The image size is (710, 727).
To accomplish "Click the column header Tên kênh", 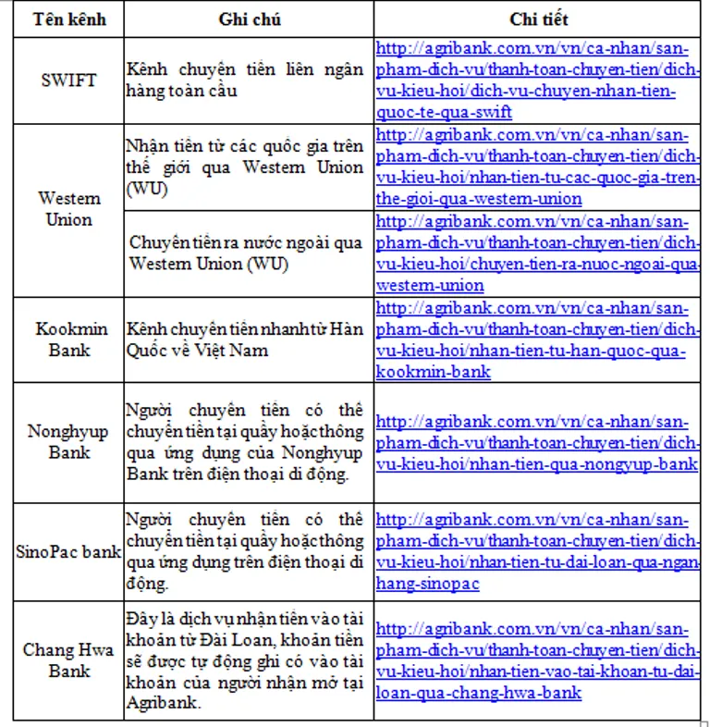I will (69, 19).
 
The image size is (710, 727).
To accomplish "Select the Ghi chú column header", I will (250, 19).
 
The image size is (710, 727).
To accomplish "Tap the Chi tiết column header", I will (538, 19).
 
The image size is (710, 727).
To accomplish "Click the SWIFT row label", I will (69, 80).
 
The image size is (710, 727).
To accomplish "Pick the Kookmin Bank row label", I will (69, 339).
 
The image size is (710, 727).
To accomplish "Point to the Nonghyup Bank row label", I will (69, 441).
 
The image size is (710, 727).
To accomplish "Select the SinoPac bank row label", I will (69, 551).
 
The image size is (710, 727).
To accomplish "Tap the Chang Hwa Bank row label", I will (69, 659).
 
